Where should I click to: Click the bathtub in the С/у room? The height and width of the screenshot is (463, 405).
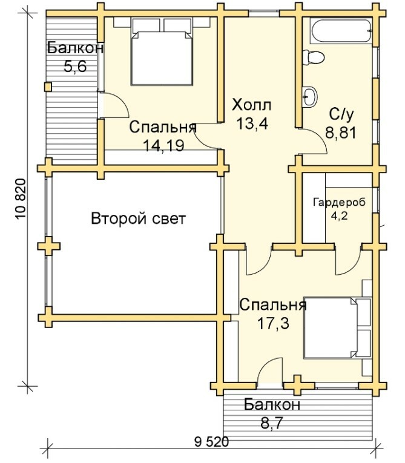[x=342, y=31]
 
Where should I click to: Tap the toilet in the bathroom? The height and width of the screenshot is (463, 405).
[x=313, y=57]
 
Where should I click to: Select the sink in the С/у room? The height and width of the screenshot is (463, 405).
[x=309, y=96]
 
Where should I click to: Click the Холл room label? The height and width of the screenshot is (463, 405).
[x=251, y=105]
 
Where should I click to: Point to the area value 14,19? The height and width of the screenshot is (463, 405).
[x=163, y=145]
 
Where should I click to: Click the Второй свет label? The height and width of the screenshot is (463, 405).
[x=138, y=219]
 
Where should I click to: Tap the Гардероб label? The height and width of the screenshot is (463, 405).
[x=339, y=203]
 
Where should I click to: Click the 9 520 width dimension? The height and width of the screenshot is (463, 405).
[x=211, y=442]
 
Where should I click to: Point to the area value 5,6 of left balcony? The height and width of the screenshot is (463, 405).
[x=75, y=67]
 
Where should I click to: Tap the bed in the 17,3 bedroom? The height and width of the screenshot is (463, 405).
[x=337, y=328]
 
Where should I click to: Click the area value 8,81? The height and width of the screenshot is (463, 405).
[x=341, y=133]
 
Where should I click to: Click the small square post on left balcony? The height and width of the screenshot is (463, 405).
[x=48, y=87]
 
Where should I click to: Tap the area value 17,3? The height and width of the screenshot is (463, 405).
[x=273, y=324]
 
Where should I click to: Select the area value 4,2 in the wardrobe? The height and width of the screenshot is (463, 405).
[x=339, y=216]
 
